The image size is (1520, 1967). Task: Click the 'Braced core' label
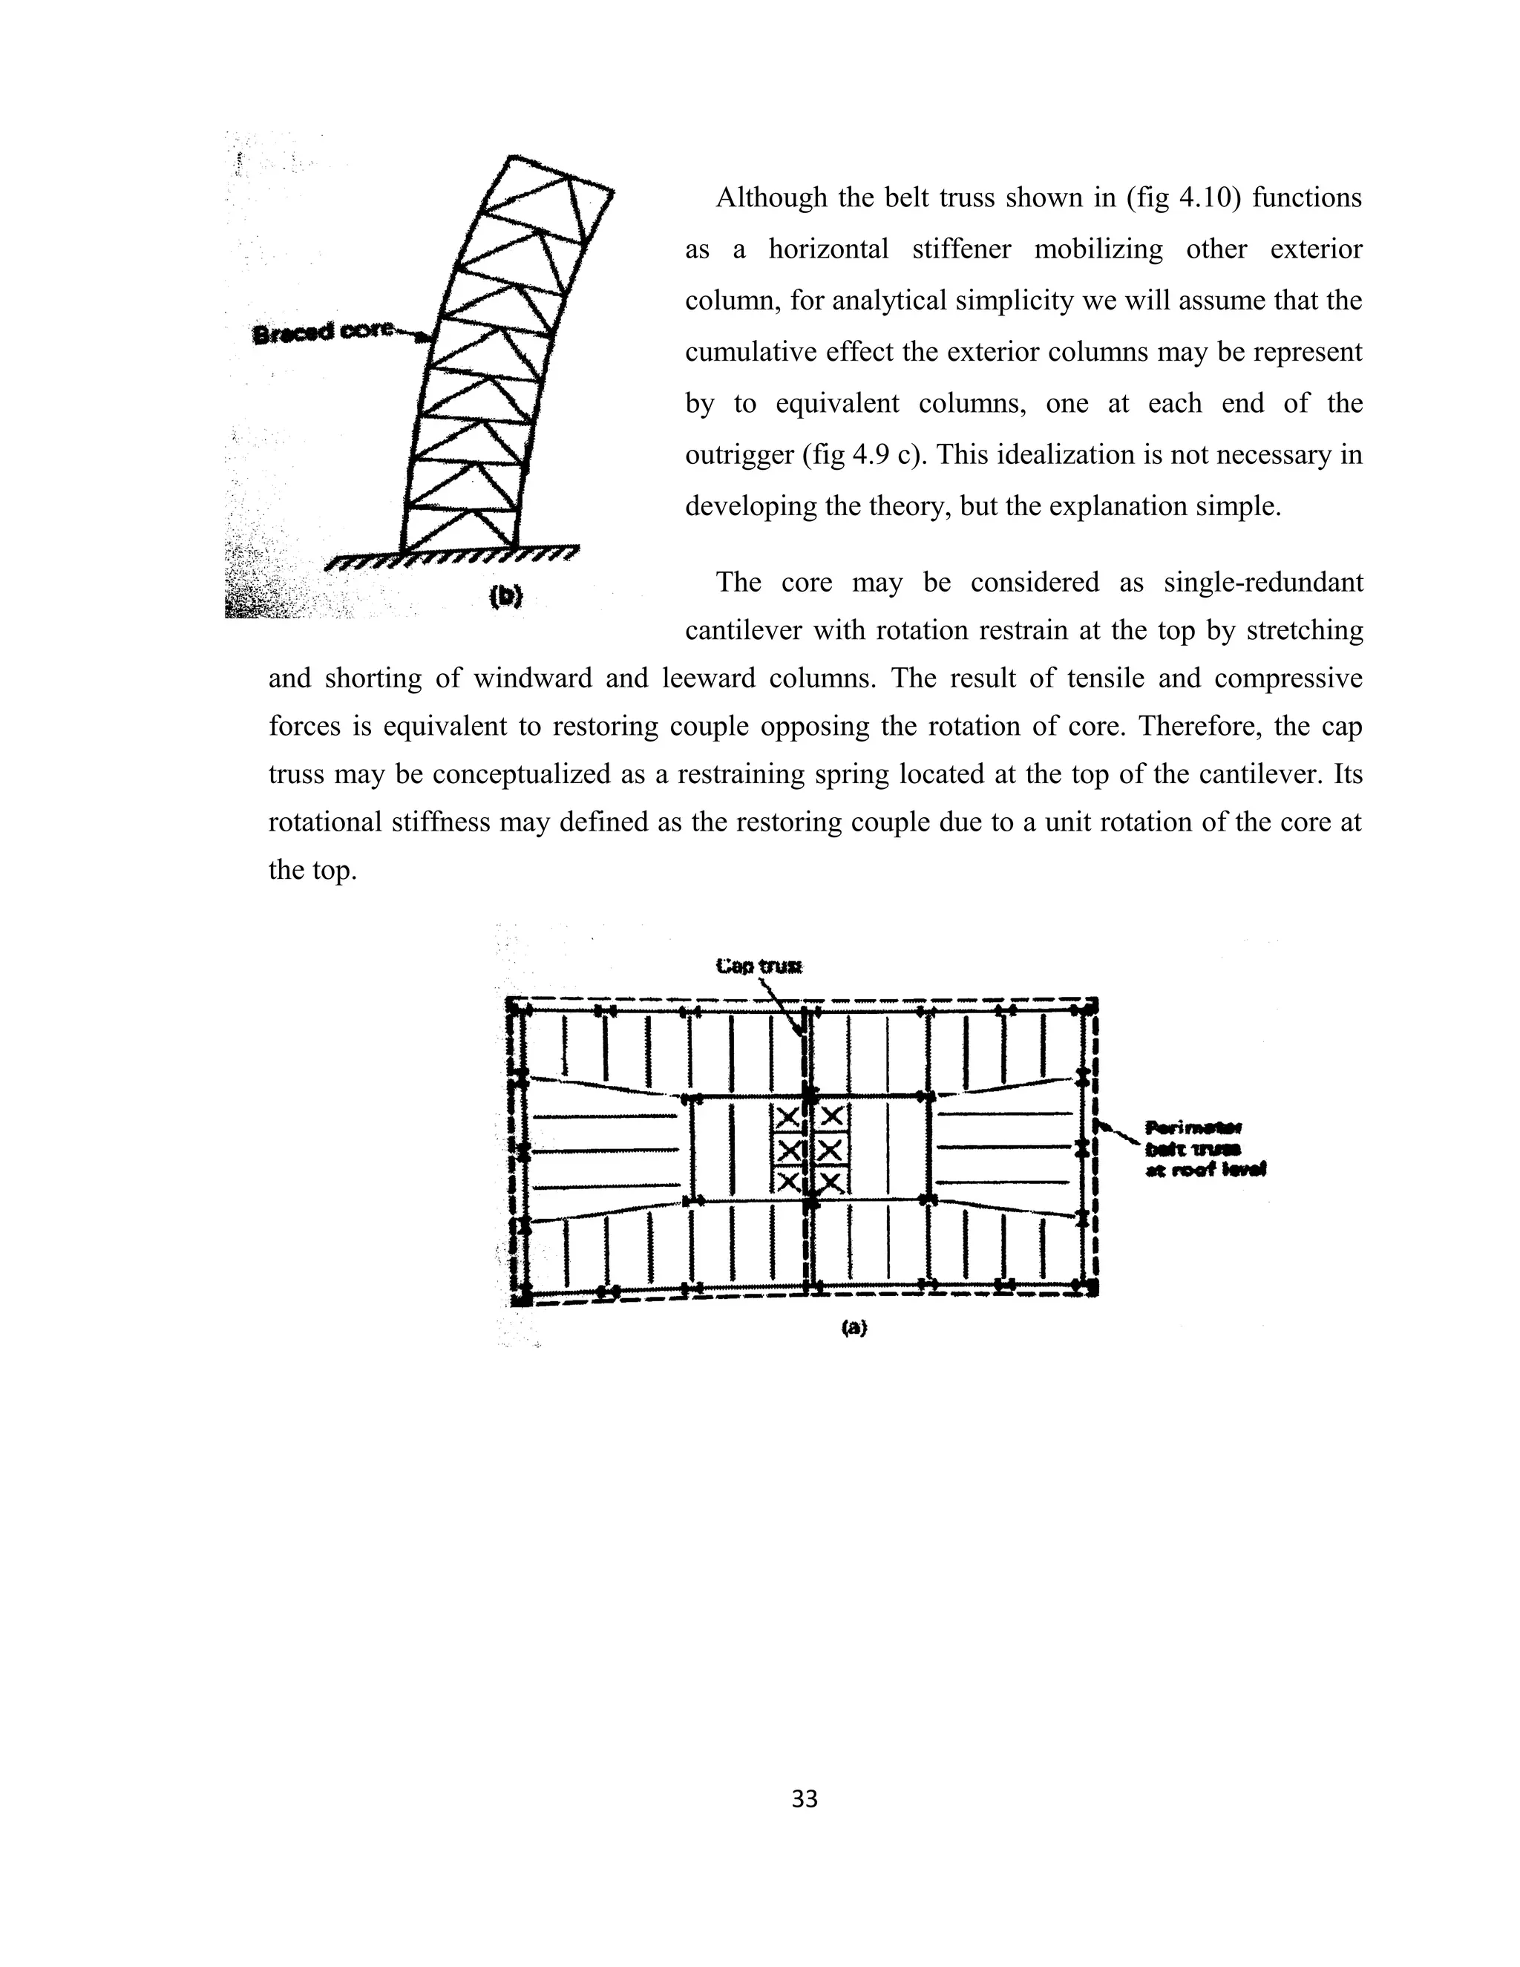(321, 333)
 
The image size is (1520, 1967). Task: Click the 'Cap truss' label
(759, 966)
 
